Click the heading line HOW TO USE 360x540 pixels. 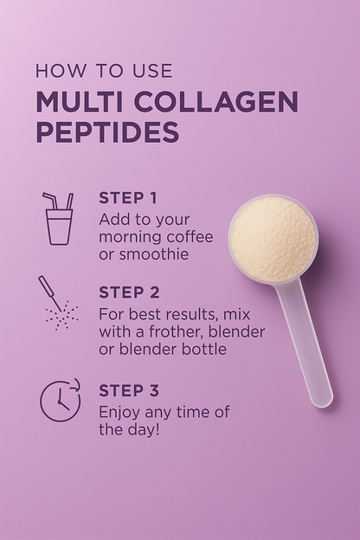(x=104, y=71)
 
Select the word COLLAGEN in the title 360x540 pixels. (x=215, y=102)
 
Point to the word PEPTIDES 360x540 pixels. (x=107, y=132)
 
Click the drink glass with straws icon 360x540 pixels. (x=58, y=218)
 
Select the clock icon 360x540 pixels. (x=60, y=401)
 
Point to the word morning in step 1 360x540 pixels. (x=131, y=237)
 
